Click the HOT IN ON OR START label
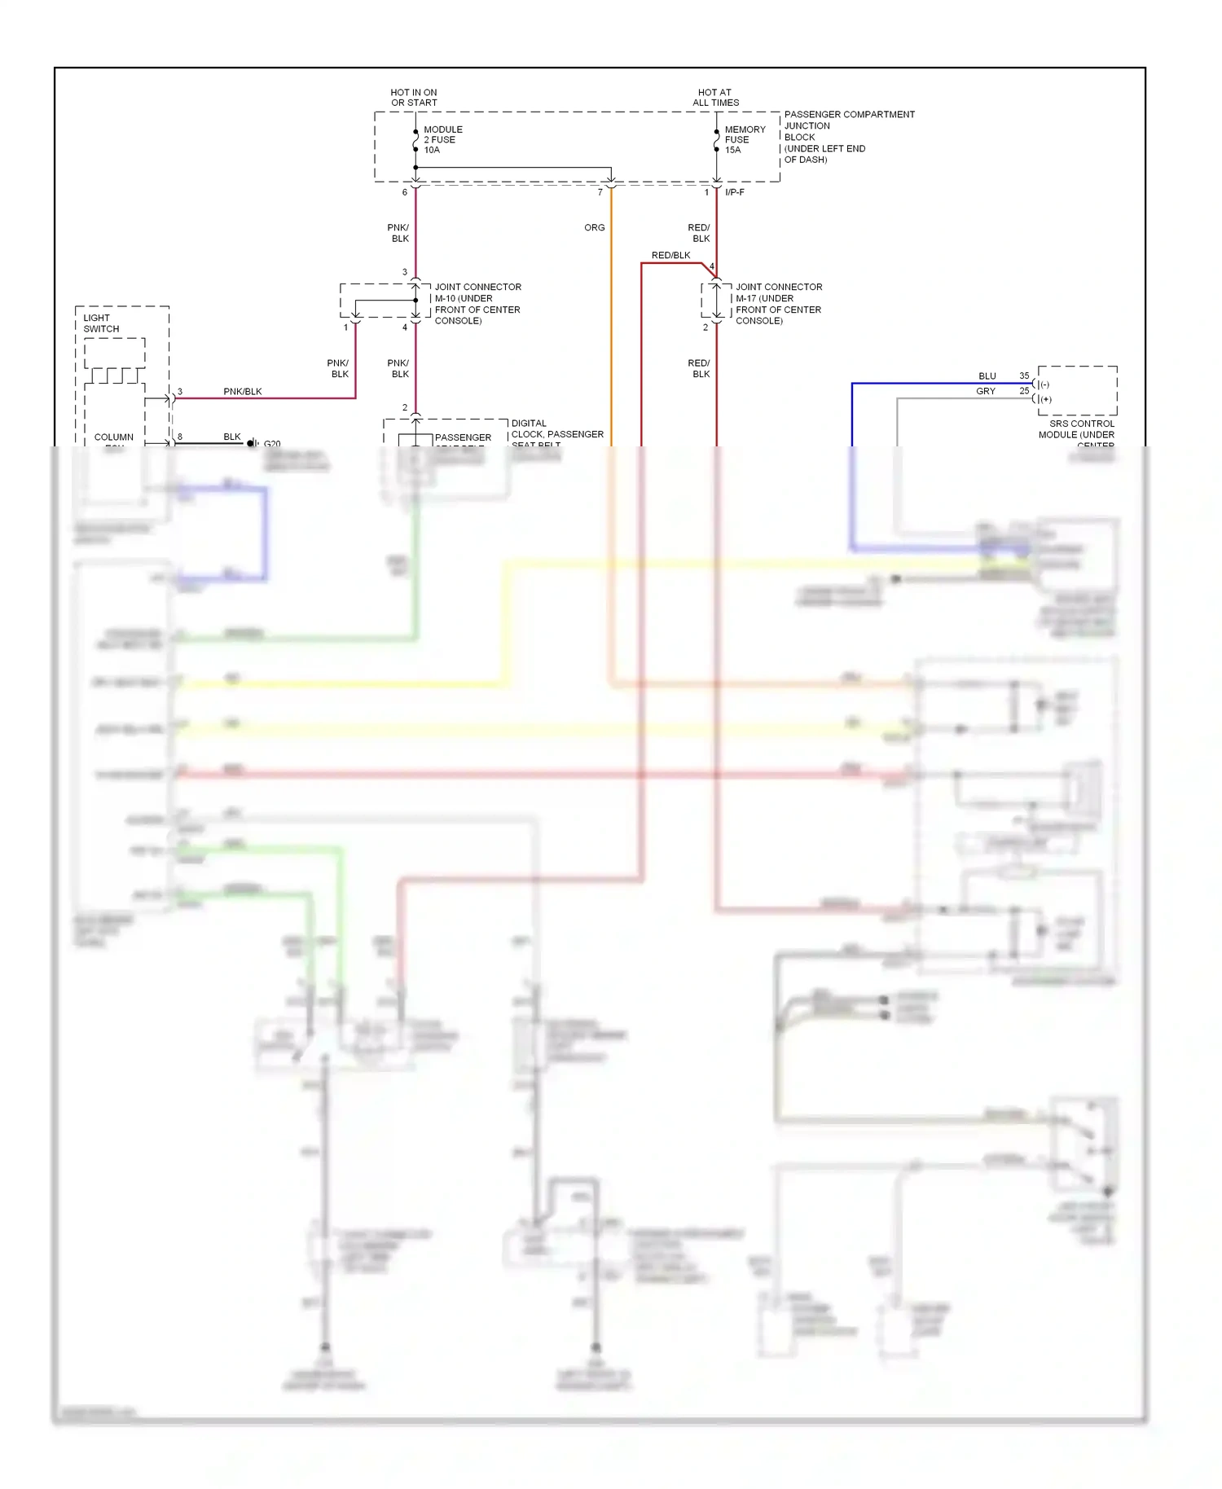click(x=414, y=98)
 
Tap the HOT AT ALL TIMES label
click(x=715, y=98)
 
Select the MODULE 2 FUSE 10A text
click(x=442, y=139)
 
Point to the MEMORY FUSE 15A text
click(x=745, y=139)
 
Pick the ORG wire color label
click(x=595, y=228)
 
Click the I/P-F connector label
click(x=735, y=192)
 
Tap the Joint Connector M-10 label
click(x=477, y=304)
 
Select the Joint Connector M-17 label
click(x=779, y=304)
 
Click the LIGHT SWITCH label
click(x=101, y=323)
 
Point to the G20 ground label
click(x=272, y=444)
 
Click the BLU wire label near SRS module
click(x=987, y=376)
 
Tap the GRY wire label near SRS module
click(x=986, y=392)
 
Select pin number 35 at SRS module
click(x=1024, y=376)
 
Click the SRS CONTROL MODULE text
click(x=1077, y=429)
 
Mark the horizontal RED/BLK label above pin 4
click(x=670, y=256)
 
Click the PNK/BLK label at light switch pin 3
click(x=243, y=392)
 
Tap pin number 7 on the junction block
click(x=600, y=193)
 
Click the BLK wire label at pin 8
click(x=232, y=437)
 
